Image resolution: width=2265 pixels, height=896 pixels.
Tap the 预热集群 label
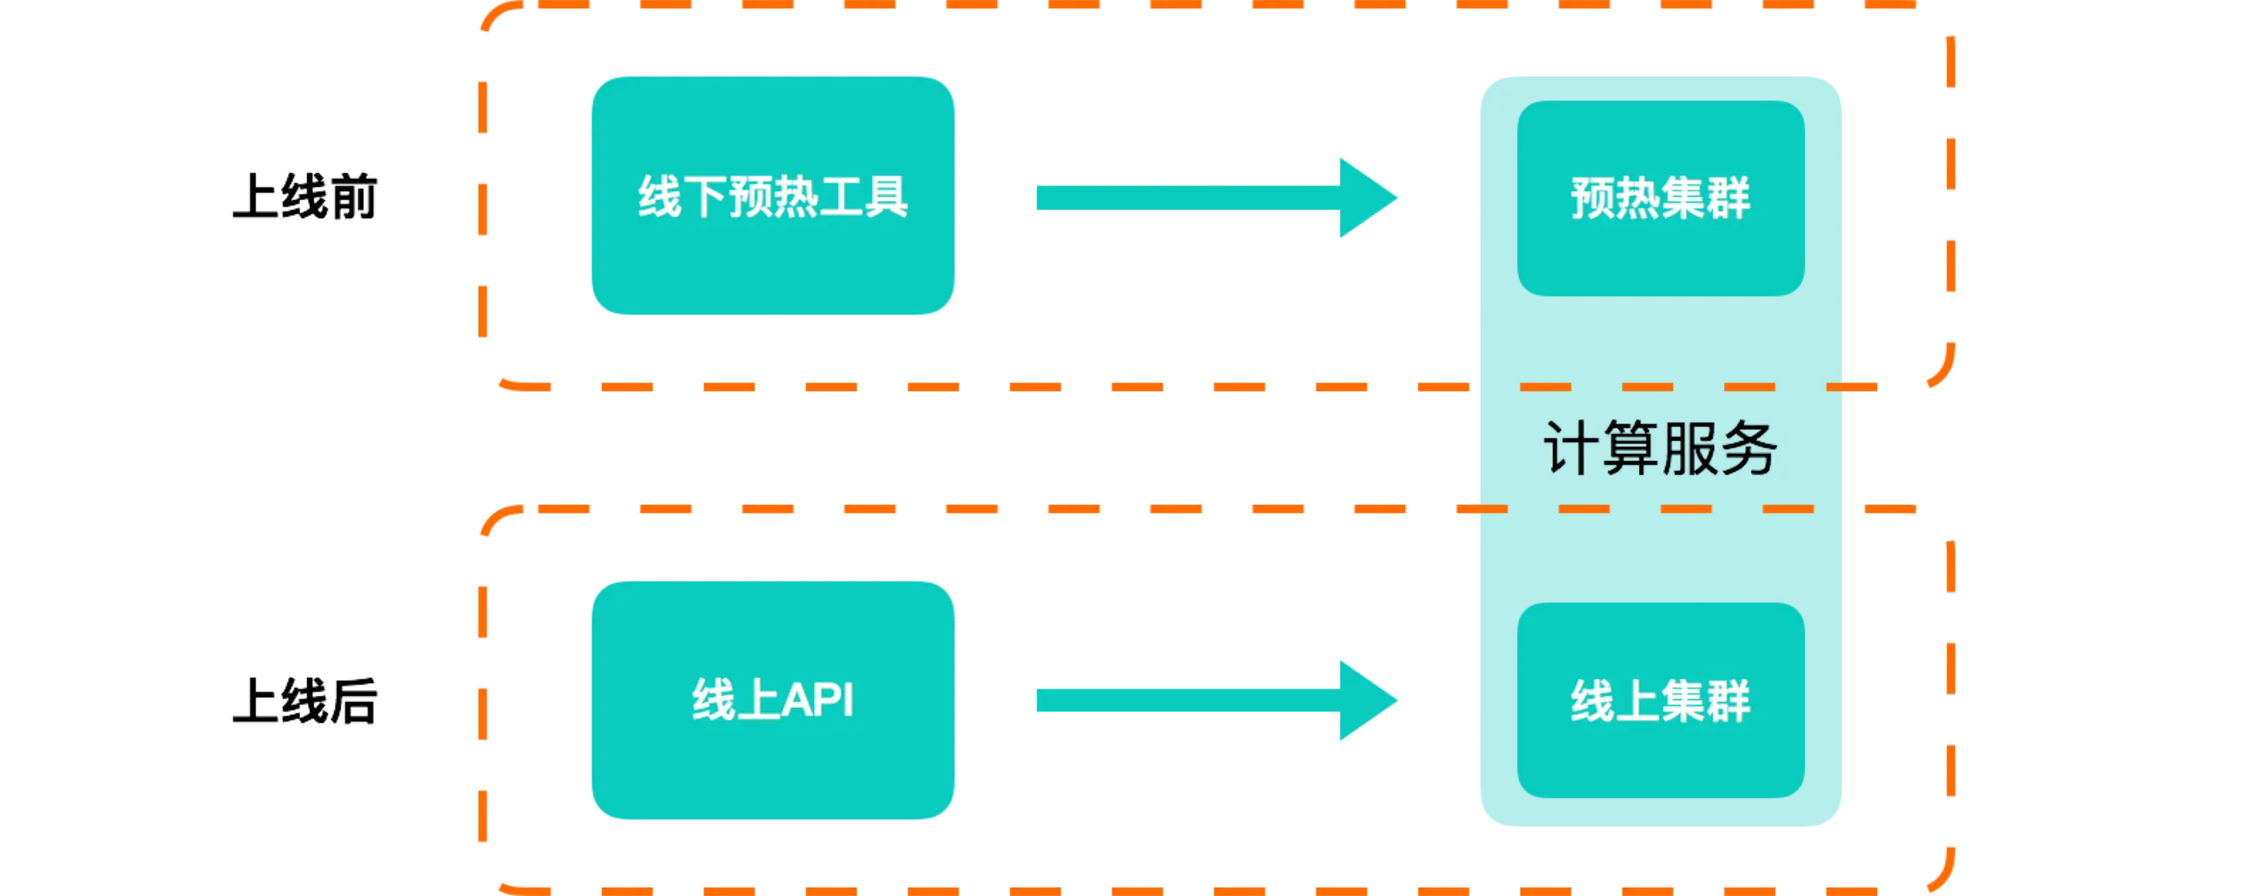click(1660, 199)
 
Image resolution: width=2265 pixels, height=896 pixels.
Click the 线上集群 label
click(1660, 700)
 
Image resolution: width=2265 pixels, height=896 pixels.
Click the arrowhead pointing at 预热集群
click(1367, 198)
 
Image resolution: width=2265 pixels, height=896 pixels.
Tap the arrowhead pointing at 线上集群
click(1367, 700)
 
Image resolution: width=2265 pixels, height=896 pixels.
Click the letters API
click(817, 700)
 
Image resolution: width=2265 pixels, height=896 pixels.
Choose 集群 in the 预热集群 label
click(1705, 199)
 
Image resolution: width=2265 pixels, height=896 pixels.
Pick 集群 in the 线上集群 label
click(1705, 700)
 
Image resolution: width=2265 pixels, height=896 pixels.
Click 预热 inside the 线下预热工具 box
click(772, 196)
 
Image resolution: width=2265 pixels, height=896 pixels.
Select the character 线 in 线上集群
click(1592, 700)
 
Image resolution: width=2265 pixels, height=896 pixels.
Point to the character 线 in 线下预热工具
click(658, 196)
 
